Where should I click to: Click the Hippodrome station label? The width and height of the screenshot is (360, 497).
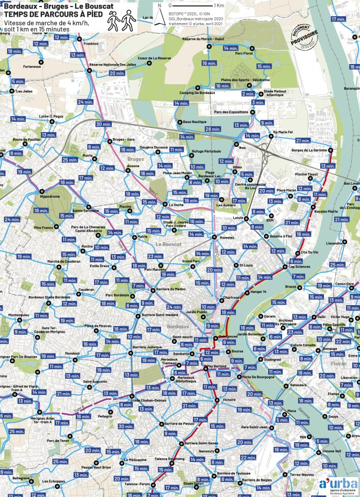pyautogui.click(x=51, y=197)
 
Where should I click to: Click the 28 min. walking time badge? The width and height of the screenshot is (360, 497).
pyautogui.click(x=212, y=129)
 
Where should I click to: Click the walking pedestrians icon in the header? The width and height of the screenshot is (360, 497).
pyautogui.click(x=119, y=21)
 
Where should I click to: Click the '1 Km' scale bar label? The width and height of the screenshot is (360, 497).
pyautogui.click(x=219, y=5)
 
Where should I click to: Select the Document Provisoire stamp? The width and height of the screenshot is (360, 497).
pyautogui.click(x=304, y=38)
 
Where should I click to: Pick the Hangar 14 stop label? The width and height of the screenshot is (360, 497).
pyautogui.click(x=258, y=292)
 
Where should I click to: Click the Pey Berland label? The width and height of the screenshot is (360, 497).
pyautogui.click(x=219, y=368)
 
